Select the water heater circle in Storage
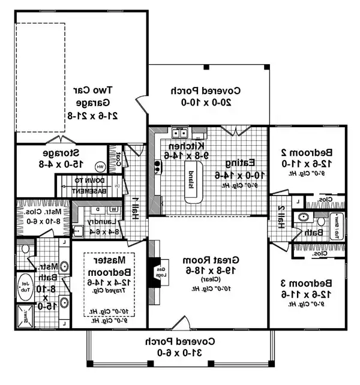coord(100,166)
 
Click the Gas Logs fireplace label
coord(160,272)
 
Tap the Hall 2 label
coord(280,214)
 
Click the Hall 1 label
coord(136,207)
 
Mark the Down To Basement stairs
coord(91,185)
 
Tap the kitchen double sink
coord(179,133)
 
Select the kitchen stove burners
coord(158,163)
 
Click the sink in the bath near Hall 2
coord(304,217)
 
